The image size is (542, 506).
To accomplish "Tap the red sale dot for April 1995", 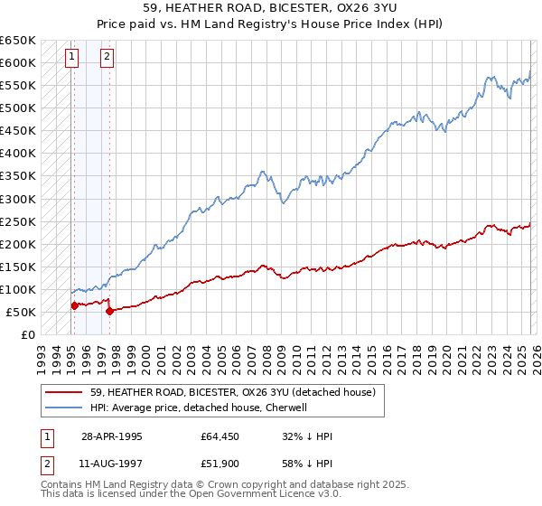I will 74,305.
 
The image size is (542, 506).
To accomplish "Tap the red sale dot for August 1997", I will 109,311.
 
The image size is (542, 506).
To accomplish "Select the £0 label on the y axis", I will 27,334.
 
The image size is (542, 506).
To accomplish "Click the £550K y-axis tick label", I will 18,86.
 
